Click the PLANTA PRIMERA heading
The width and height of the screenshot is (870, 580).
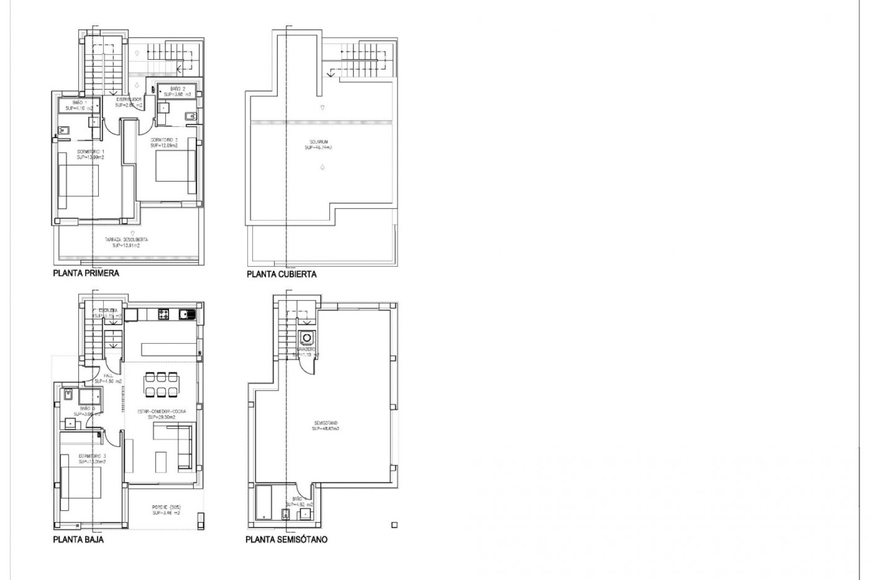(x=86, y=273)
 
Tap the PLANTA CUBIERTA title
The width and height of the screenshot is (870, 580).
(x=281, y=274)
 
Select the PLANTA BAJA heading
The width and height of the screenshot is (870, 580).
(x=78, y=540)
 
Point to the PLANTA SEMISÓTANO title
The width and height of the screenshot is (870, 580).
(x=286, y=540)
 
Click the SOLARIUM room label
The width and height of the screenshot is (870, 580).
(x=318, y=145)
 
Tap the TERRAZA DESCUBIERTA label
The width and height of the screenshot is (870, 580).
(x=126, y=242)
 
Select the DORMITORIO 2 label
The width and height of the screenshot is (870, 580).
(x=164, y=143)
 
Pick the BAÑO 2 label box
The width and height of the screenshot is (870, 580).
(x=177, y=92)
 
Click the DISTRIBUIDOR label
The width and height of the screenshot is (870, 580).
(x=129, y=102)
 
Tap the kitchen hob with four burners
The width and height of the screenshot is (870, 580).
(x=163, y=314)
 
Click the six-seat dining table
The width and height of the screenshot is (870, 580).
(x=161, y=384)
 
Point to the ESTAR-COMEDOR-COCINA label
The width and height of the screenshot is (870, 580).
(x=162, y=414)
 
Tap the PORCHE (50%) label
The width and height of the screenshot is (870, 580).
(x=166, y=510)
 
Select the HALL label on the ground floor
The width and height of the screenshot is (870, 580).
(x=108, y=378)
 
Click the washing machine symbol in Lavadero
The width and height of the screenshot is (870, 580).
(x=307, y=338)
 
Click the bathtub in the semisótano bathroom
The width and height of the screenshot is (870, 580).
(x=263, y=502)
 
